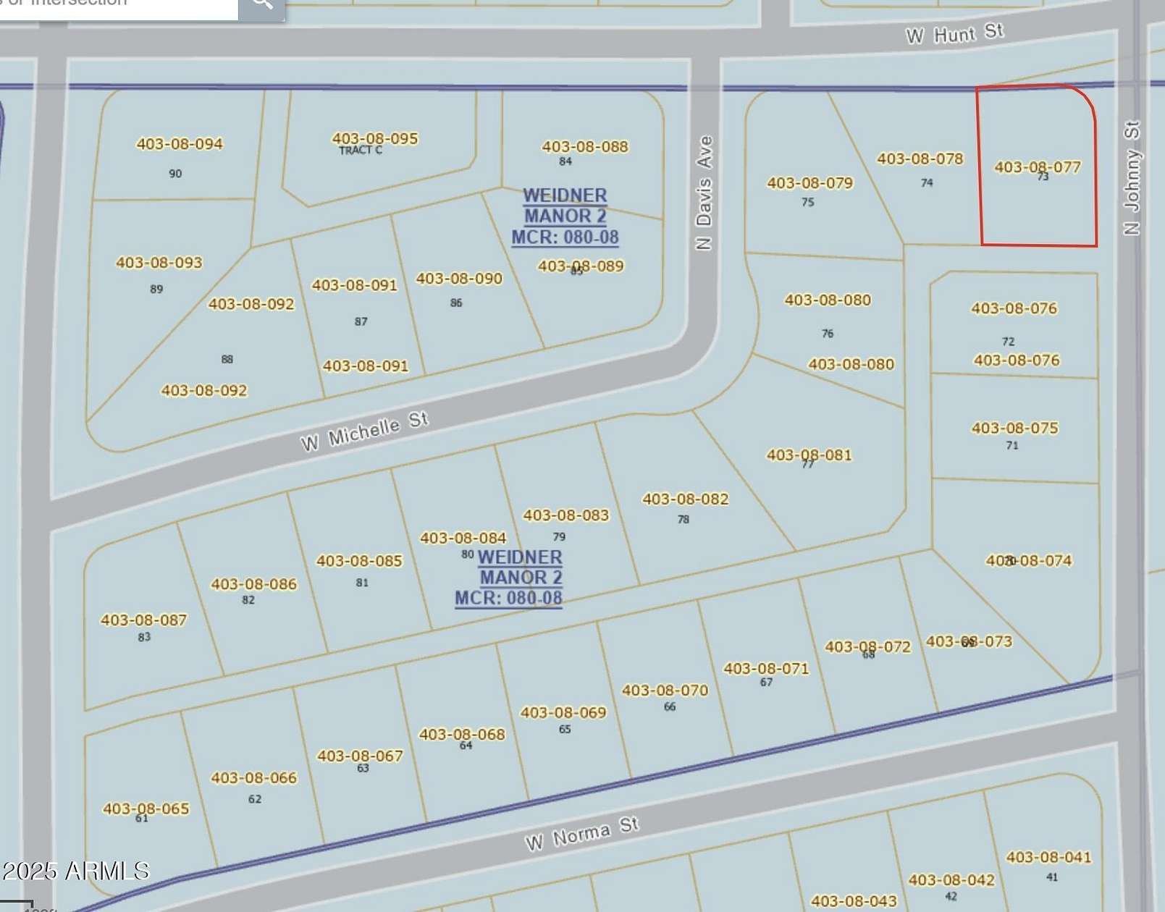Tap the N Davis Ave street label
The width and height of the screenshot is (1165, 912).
[x=704, y=193]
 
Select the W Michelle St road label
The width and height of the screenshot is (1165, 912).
[x=365, y=431]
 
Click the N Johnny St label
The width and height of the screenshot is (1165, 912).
[x=1132, y=177]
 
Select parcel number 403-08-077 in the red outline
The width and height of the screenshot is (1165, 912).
[x=1037, y=167]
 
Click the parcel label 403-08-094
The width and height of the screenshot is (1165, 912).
[x=180, y=144]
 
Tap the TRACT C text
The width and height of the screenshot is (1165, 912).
[x=360, y=151]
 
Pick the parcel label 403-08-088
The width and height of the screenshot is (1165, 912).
[x=585, y=147]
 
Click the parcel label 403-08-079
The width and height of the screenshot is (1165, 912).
[x=810, y=183]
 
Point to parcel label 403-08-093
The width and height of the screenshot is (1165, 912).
[x=159, y=263]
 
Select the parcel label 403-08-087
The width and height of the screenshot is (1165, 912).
[x=143, y=620]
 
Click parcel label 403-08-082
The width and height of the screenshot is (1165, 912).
[x=685, y=499]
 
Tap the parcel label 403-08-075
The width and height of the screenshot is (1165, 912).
[x=1014, y=428]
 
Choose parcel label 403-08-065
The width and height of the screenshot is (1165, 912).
[x=146, y=808]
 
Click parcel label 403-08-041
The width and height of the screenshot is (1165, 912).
[x=1048, y=858]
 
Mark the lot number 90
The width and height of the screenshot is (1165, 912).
[x=175, y=174]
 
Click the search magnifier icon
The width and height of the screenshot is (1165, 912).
[x=262, y=4]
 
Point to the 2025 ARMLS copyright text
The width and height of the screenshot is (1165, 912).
[x=75, y=871]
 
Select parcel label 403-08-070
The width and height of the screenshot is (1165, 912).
[x=665, y=691]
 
